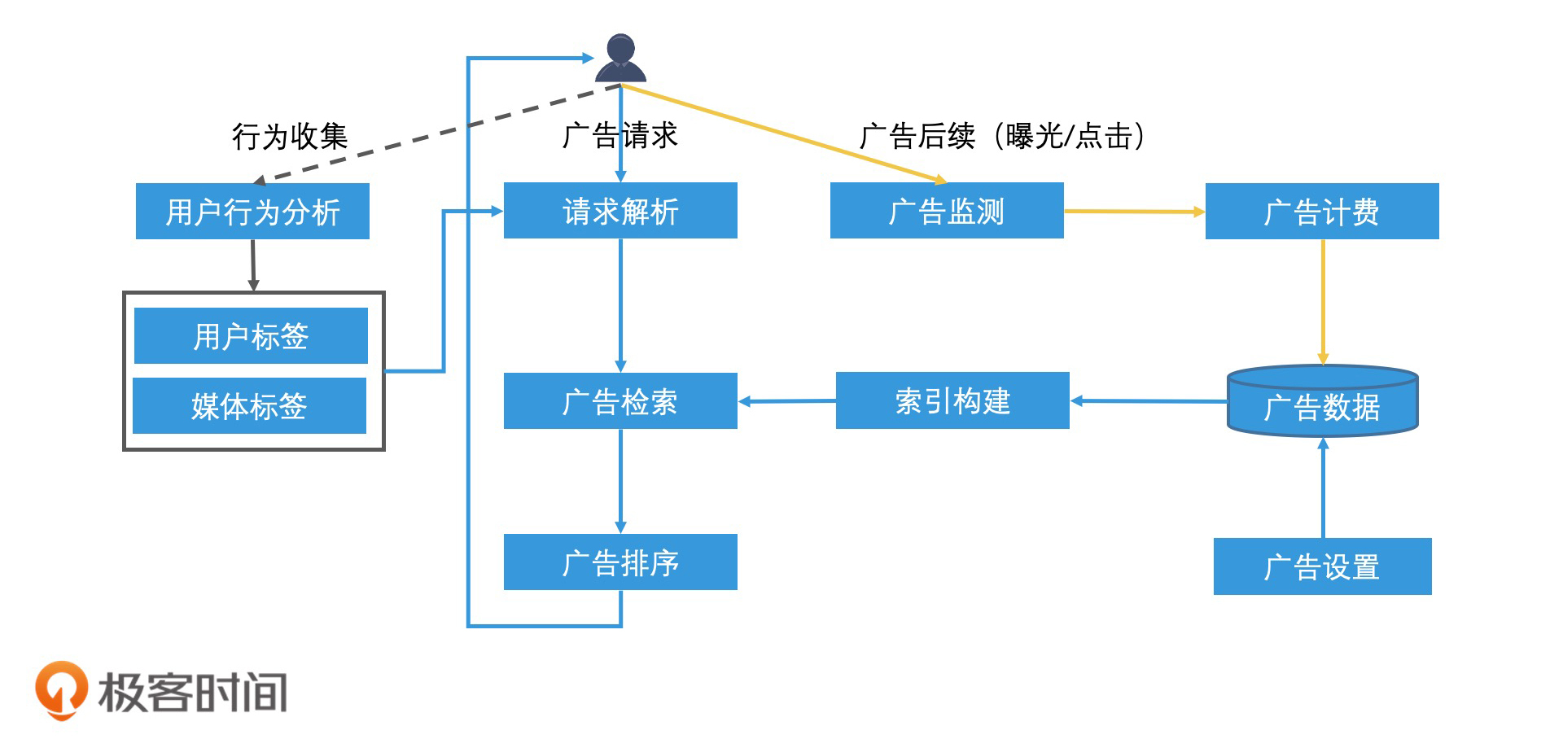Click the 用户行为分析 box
252,212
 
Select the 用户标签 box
251,335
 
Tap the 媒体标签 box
249,405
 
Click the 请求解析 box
620,211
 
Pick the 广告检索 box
620,401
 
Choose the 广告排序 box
620,562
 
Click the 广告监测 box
947,211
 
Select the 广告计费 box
1322,212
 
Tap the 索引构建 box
952,400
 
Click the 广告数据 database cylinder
1322,402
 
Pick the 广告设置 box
1322,566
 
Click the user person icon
620,59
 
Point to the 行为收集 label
290,136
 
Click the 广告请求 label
620,135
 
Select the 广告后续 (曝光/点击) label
1003,136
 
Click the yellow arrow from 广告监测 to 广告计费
1134,212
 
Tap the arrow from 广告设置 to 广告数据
1323,488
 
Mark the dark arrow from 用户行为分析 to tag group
253,265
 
